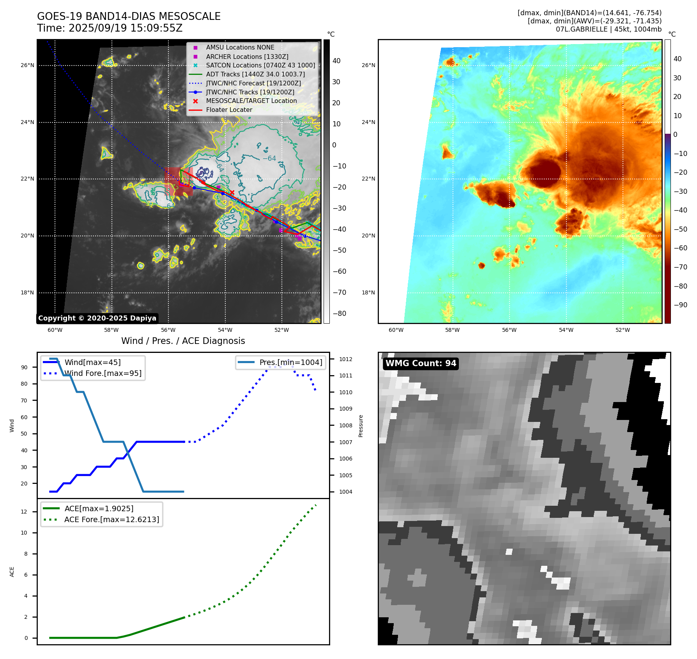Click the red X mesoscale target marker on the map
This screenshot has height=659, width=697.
pyautogui.click(x=232, y=192)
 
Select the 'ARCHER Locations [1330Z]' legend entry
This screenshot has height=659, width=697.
pyautogui.click(x=247, y=57)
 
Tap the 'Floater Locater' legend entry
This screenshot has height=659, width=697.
pyautogui.click(x=229, y=110)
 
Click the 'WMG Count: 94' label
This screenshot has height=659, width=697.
pyautogui.click(x=421, y=363)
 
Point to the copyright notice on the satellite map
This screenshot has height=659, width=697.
pyautogui.click(x=97, y=318)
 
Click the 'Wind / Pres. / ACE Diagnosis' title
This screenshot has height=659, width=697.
pyautogui.click(x=183, y=341)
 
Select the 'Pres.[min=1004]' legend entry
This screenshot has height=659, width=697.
pyautogui.click(x=290, y=362)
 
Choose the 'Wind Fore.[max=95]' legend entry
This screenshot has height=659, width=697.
pyautogui.click(x=103, y=374)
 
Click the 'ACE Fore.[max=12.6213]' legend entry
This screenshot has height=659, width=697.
pyautogui.click(x=111, y=519)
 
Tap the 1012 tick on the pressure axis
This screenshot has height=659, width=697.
pyautogui.click(x=345, y=359)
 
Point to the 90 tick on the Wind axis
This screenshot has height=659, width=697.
pyautogui.click(x=25, y=367)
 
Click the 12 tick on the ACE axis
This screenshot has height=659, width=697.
pyautogui.click(x=24, y=512)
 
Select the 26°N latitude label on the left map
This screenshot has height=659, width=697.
pyautogui.click(x=27, y=65)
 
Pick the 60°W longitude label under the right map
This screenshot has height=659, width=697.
pyautogui.click(x=396, y=330)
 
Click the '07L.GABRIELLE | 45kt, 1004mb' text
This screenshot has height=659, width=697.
pyautogui.click(x=609, y=29)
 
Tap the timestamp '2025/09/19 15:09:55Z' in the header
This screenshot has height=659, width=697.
pyautogui.click(x=126, y=28)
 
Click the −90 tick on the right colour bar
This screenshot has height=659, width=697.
pyautogui.click(x=680, y=305)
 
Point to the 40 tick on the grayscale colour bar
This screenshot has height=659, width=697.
pyautogui.click(x=336, y=61)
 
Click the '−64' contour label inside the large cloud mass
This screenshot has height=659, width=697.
pyautogui.click(x=269, y=158)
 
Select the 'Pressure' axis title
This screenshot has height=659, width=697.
pyautogui.click(x=361, y=426)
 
